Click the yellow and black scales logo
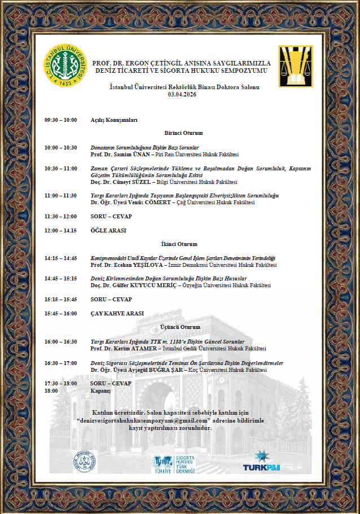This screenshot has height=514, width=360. (295, 67)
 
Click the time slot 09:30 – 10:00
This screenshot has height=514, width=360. (60, 120)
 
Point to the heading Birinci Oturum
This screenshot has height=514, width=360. (183, 133)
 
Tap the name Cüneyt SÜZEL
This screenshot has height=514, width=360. (128, 182)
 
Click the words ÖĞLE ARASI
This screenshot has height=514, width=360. (108, 230)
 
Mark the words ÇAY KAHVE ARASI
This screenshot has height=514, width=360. (117, 313)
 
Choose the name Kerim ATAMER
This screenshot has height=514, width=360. (128, 349)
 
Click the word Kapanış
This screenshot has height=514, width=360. (101, 390)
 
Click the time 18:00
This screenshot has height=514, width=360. (51, 390)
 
